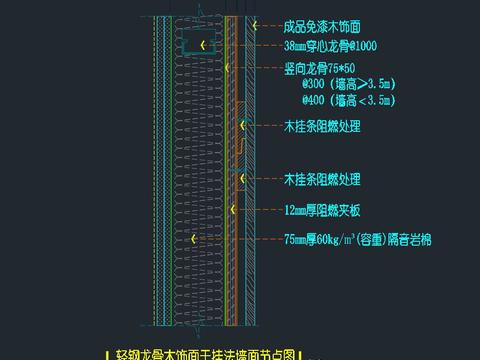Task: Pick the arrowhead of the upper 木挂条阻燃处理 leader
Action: [241, 127]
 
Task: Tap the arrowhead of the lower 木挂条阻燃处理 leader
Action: [236, 179]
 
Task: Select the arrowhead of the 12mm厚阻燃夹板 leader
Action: [232, 210]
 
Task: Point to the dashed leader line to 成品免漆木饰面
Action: [265, 27]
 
